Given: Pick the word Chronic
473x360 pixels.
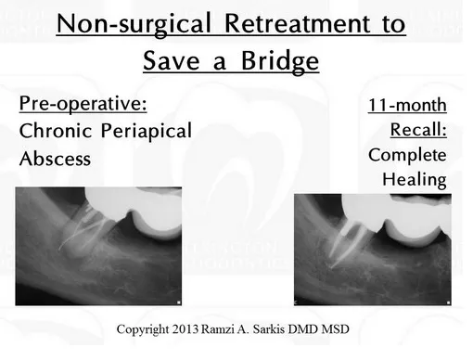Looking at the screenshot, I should [57, 130].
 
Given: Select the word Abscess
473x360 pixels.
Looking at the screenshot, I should [56, 158].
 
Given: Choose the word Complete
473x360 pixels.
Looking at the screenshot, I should [407, 154].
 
